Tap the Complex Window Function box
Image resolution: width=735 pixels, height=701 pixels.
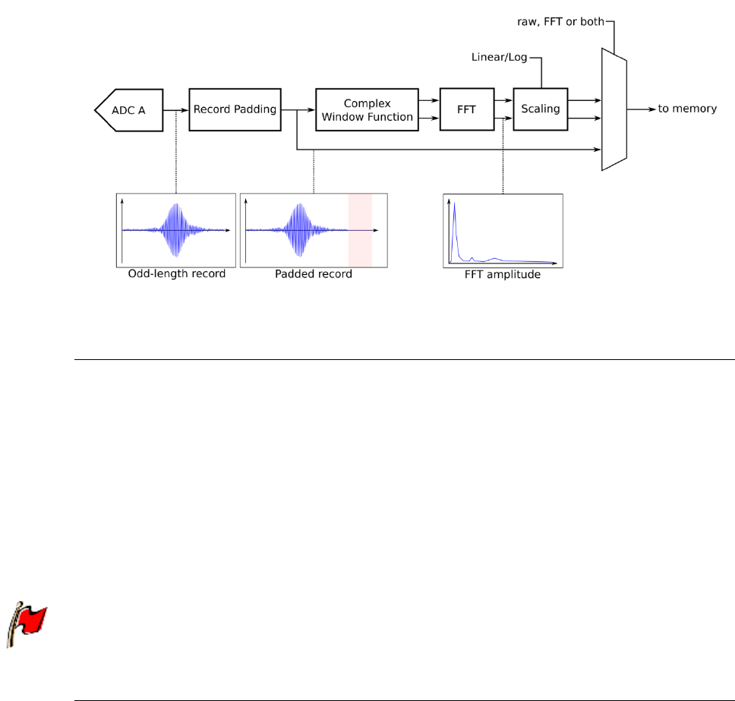367,109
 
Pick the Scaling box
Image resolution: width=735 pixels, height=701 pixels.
540,109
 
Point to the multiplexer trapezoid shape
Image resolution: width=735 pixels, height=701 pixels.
614,109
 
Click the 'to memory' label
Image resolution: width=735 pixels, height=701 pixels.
686,109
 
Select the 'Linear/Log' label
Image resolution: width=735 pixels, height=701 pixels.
499,58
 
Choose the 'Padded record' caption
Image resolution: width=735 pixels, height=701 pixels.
313,274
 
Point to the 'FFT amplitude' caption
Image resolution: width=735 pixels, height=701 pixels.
502,274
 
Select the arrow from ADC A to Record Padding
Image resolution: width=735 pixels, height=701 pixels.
177,109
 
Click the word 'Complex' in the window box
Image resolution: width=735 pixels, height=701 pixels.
367,103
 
